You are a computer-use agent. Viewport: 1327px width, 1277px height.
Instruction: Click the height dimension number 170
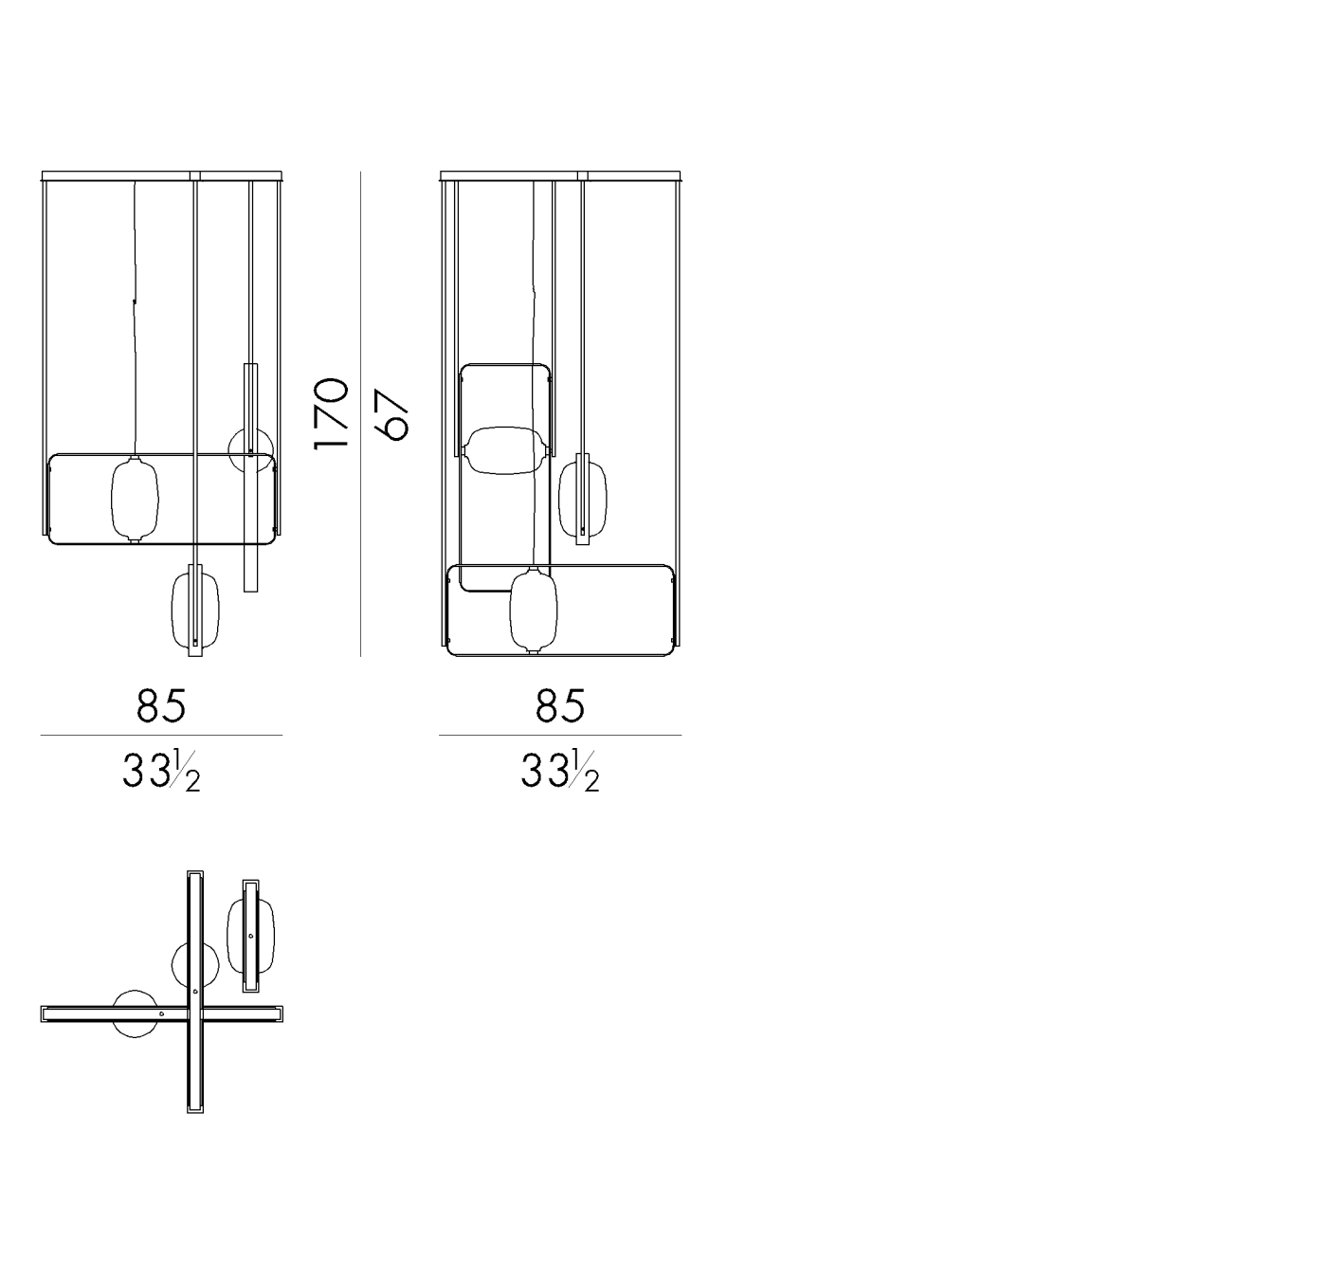tap(331, 413)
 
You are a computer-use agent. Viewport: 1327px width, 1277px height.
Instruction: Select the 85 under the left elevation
tap(161, 705)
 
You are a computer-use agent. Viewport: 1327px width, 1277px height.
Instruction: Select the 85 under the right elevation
tap(560, 705)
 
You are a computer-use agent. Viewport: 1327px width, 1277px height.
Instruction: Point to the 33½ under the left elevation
tap(161, 771)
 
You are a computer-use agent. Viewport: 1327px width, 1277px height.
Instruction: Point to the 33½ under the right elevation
tap(560, 771)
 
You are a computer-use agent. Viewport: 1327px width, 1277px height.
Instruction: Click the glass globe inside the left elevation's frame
tap(135, 500)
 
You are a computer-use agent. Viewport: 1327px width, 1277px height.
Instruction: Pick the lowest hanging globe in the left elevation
tap(195, 611)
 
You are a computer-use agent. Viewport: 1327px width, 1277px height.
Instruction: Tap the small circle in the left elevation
tap(251, 450)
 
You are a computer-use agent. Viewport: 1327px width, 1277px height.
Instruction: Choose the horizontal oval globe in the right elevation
tap(504, 450)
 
